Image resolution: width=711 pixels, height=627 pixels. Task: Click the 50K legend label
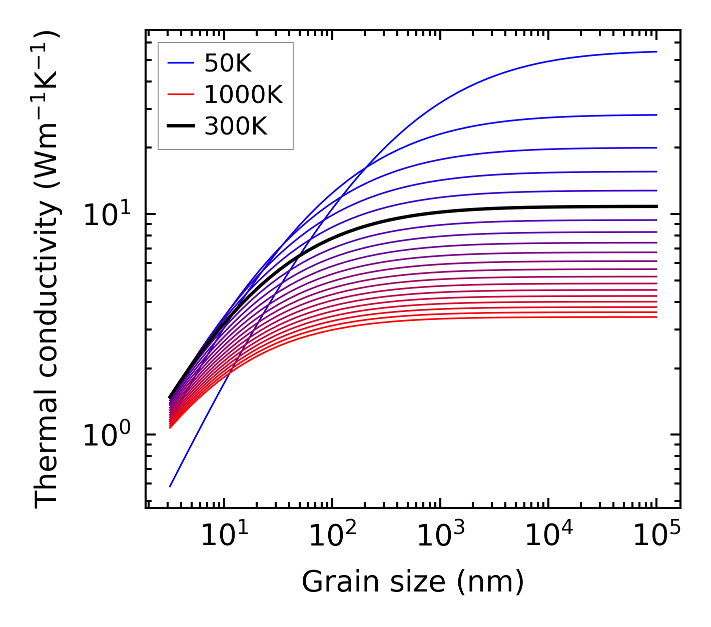pos(228,63)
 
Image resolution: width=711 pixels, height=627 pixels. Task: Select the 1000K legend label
pos(243,94)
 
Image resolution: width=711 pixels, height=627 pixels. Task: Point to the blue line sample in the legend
pos(181,63)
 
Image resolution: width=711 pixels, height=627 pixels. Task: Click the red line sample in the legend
pos(181,94)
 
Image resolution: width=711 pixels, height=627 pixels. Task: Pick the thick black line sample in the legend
pos(181,126)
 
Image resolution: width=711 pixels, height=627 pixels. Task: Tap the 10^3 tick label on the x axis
pos(440,537)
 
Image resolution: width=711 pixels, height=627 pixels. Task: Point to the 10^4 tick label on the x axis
pos(548,537)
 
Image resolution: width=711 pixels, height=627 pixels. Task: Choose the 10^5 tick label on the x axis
pos(656,537)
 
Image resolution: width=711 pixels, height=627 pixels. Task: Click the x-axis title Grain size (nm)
pos(413,582)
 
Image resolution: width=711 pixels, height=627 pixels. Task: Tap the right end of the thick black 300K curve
pos(656,206)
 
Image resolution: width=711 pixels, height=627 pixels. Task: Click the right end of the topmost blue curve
pos(656,51)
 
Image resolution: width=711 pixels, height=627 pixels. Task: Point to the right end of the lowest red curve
pos(656,317)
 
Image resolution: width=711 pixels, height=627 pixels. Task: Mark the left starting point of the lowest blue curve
pos(170,486)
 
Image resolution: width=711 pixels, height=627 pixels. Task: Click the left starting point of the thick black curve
pos(170,397)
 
